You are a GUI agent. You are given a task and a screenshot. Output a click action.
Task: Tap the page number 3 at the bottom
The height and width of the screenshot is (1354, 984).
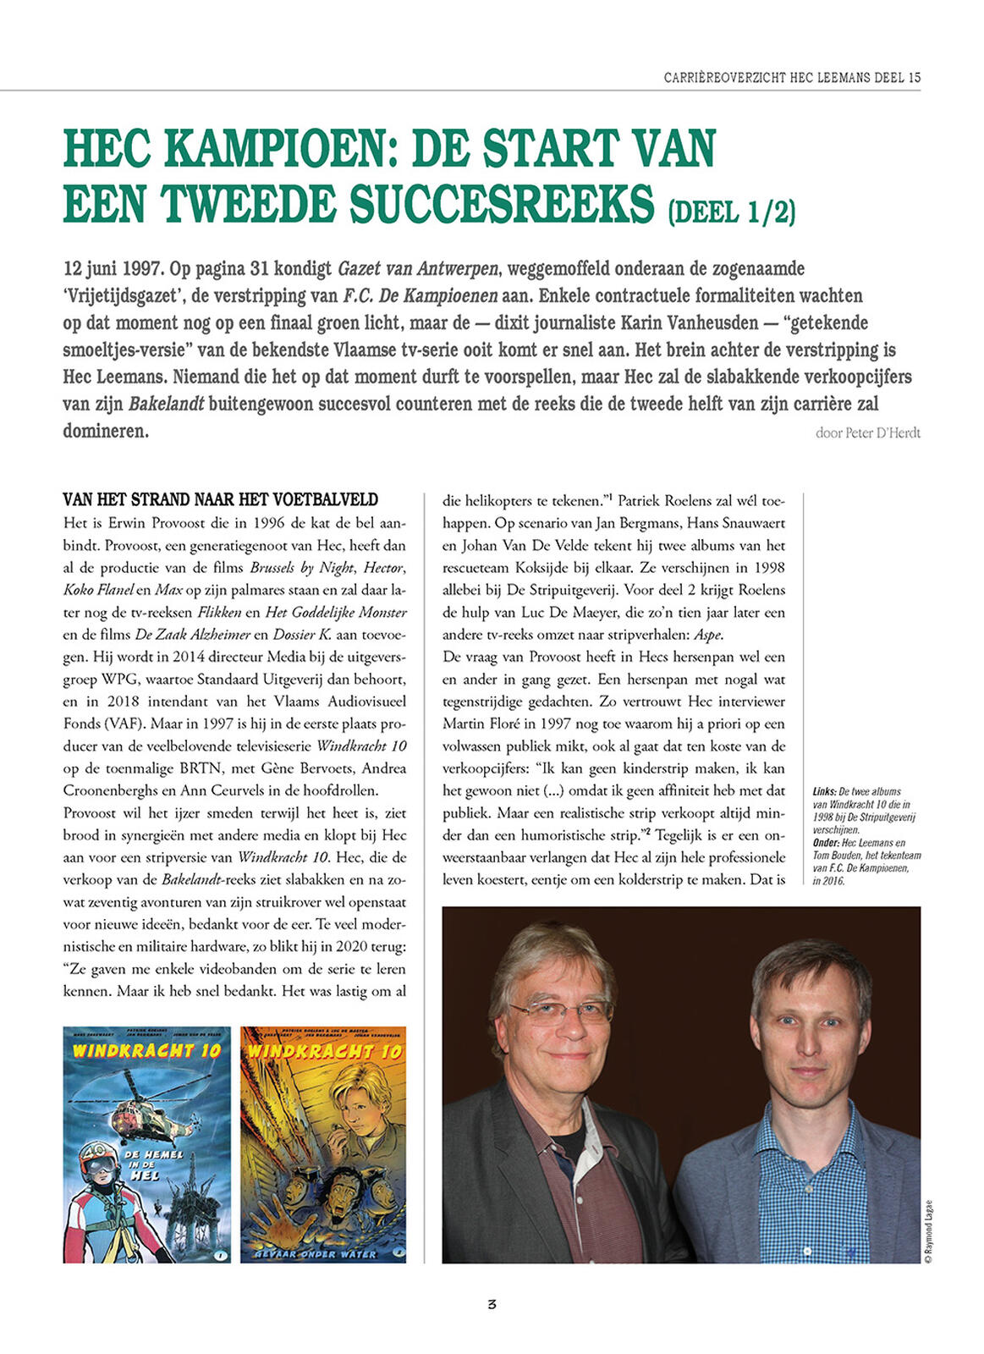(492, 1304)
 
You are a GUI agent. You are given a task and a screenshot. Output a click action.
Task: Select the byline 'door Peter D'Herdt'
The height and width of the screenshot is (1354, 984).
(867, 432)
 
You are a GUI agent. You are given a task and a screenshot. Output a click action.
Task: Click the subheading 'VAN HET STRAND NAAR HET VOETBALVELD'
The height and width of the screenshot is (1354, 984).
(221, 499)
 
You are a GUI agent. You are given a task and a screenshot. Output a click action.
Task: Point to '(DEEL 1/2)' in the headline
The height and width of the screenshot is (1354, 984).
(731, 211)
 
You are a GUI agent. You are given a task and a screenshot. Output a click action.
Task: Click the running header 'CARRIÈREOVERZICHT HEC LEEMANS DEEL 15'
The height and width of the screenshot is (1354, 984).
(792, 77)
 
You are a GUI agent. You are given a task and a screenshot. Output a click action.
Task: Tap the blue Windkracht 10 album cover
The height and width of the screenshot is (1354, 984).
(146, 1144)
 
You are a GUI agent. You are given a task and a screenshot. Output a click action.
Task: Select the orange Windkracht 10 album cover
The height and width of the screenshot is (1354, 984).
(323, 1144)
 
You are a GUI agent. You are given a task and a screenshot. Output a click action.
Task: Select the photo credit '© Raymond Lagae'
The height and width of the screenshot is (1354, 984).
(928, 1230)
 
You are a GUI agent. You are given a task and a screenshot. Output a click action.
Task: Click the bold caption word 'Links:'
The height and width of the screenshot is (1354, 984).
(824, 791)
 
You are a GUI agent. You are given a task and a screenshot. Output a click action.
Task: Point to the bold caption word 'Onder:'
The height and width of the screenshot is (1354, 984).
(825, 843)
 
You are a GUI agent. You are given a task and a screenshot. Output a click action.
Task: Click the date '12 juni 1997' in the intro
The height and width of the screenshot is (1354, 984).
(113, 269)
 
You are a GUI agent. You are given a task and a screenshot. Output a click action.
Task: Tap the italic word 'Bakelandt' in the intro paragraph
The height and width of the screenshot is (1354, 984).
(166, 405)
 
